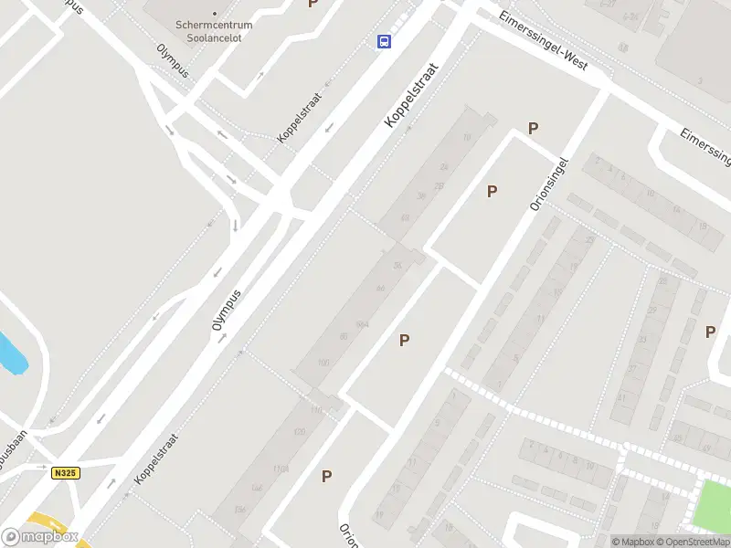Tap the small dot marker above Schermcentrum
coord(215,14)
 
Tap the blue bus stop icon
coord(386,41)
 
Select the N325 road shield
coord(64,472)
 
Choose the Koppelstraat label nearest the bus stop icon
coord(412,95)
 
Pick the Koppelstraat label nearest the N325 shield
coord(154,458)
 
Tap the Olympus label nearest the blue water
coord(228,316)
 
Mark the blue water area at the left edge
coord(11,354)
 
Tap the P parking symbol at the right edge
coord(710,332)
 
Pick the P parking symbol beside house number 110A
coord(326,476)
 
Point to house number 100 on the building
coord(323,363)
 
